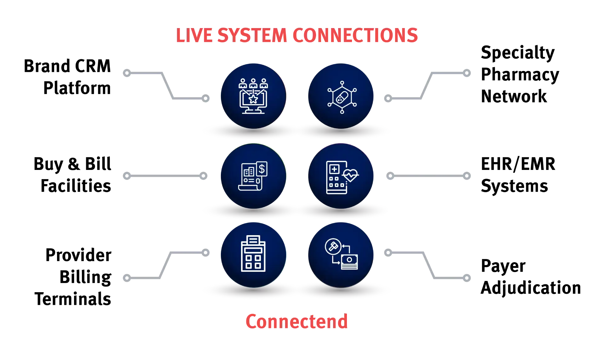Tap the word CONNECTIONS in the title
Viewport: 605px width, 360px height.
[x=355, y=35]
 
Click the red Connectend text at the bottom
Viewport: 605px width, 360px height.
[x=296, y=322]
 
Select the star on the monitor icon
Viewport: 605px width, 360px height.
[x=253, y=99]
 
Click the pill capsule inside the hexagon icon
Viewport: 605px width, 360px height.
[x=341, y=97]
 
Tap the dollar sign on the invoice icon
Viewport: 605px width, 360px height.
[x=262, y=169]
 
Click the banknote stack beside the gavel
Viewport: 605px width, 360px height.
[x=349, y=262]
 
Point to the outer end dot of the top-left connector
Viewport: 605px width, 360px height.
[x=126, y=73]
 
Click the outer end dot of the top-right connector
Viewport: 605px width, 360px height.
[x=466, y=73]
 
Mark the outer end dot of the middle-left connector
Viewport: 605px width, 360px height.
[x=126, y=176]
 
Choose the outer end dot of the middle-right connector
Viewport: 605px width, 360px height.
[x=466, y=177]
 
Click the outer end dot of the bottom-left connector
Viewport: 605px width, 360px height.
[x=126, y=278]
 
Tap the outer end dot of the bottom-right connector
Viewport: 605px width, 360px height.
[x=466, y=277]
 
